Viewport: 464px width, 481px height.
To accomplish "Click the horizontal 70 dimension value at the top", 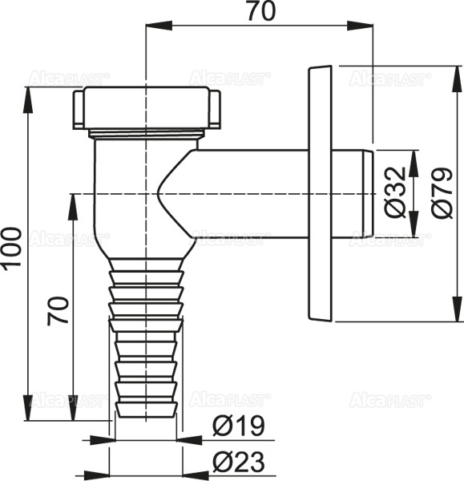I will pos(259,14).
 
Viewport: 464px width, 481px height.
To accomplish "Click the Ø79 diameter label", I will pos(442,193).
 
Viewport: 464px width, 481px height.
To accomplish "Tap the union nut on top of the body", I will pos(146,107).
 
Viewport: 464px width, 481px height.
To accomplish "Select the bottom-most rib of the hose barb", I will pos(146,410).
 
